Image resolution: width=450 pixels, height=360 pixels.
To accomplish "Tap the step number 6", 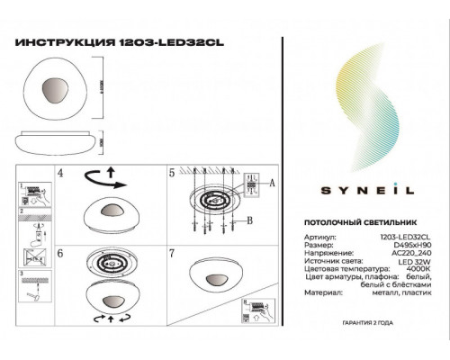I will click(60, 255).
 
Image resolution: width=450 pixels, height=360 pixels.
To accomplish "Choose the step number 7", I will click(172, 255).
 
